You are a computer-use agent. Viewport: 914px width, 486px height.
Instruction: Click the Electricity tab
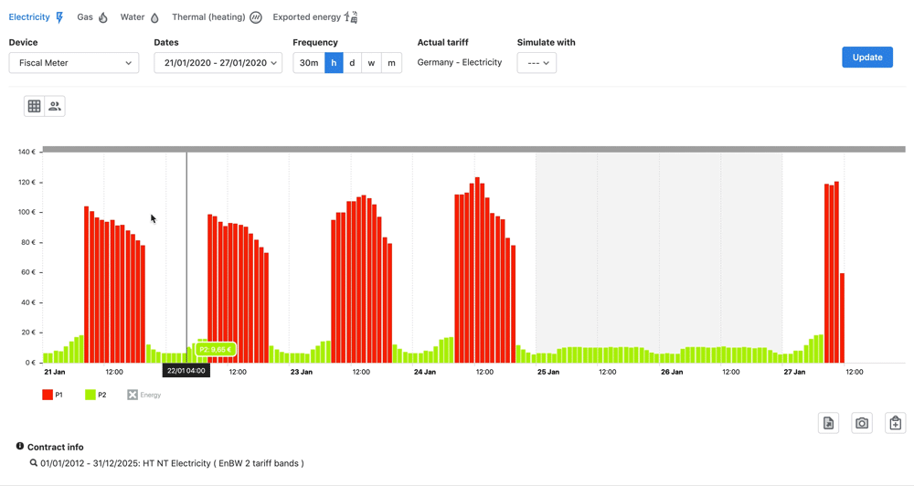(36, 17)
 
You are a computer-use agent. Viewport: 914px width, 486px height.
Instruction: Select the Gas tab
(92, 17)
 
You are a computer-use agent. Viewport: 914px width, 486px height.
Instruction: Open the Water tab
(140, 17)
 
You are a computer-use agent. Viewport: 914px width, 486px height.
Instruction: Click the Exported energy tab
(314, 17)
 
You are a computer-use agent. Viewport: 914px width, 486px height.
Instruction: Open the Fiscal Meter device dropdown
(74, 63)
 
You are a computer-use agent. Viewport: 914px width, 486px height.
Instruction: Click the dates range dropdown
(218, 63)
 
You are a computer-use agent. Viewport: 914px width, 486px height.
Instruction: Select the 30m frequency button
(309, 63)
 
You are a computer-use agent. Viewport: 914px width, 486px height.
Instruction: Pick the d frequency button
(352, 63)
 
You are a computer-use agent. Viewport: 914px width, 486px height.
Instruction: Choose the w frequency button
(371, 63)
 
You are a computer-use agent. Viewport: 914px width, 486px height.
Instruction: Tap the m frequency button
(391, 63)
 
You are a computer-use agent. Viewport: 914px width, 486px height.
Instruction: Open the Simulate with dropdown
(537, 63)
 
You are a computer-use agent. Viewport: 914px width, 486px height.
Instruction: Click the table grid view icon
(34, 106)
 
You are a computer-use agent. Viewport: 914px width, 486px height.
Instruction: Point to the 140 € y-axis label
(27, 152)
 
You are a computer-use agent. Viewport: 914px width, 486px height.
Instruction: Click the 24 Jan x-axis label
(424, 373)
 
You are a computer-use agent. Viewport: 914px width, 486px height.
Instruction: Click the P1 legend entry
(53, 395)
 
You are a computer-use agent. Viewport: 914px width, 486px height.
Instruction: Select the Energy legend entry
(144, 395)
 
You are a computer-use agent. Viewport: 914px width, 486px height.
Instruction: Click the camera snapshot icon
(862, 423)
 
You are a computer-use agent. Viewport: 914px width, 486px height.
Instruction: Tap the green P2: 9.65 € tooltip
(216, 350)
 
